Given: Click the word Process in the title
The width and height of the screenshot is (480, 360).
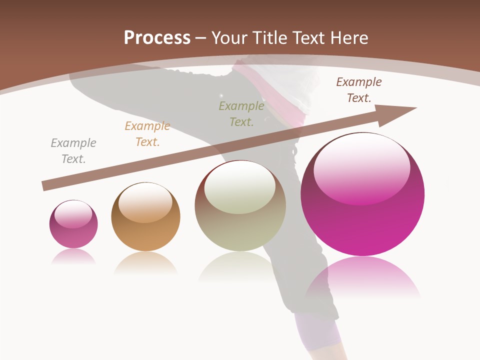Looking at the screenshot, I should click(x=157, y=38).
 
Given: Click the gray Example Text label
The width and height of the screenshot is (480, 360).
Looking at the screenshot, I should click(x=73, y=150).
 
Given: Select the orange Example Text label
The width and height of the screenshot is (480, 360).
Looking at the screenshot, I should click(x=147, y=133).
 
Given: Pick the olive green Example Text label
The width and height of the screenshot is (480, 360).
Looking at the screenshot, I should click(x=241, y=113).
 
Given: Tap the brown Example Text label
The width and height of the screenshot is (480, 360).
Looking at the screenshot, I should click(x=359, y=89).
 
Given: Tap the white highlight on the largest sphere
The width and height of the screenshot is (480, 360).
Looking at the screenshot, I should click(x=361, y=167).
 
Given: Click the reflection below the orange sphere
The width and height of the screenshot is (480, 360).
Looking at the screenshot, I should click(x=145, y=262).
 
